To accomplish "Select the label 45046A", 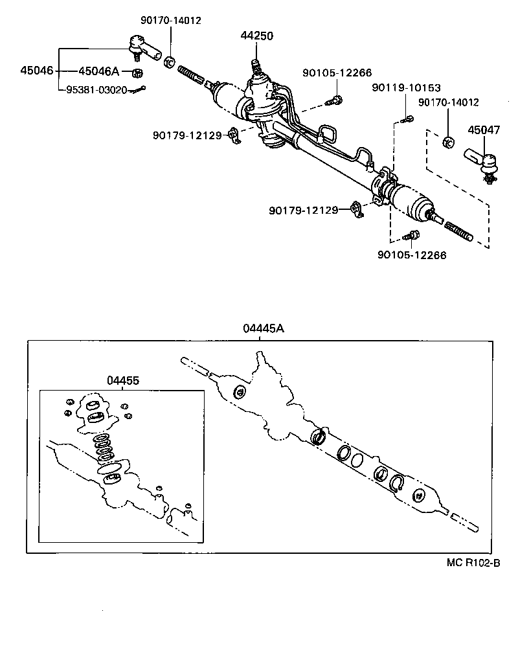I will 99,71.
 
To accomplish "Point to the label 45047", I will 484,130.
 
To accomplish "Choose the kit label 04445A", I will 264,328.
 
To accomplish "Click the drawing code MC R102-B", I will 473,563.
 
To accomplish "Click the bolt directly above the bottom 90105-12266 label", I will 412,236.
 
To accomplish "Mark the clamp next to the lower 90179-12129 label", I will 357,209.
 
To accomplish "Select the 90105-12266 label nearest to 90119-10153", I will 337,73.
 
